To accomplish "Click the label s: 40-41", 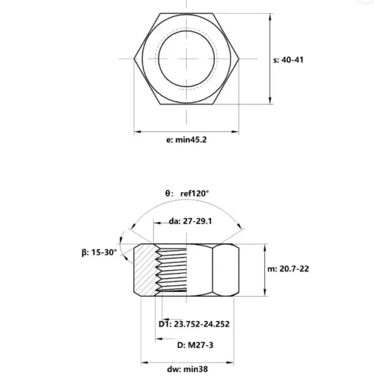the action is [288, 60].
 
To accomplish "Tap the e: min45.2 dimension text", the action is [186, 140].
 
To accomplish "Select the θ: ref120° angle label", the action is [187, 193].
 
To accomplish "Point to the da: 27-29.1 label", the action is [190, 221].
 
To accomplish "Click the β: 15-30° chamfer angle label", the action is [99, 253].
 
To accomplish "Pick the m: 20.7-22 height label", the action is [288, 269].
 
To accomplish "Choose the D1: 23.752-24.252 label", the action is [194, 324].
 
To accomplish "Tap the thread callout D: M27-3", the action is [195, 345].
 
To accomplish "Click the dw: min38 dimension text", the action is [187, 369].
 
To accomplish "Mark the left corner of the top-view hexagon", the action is [134, 59].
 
